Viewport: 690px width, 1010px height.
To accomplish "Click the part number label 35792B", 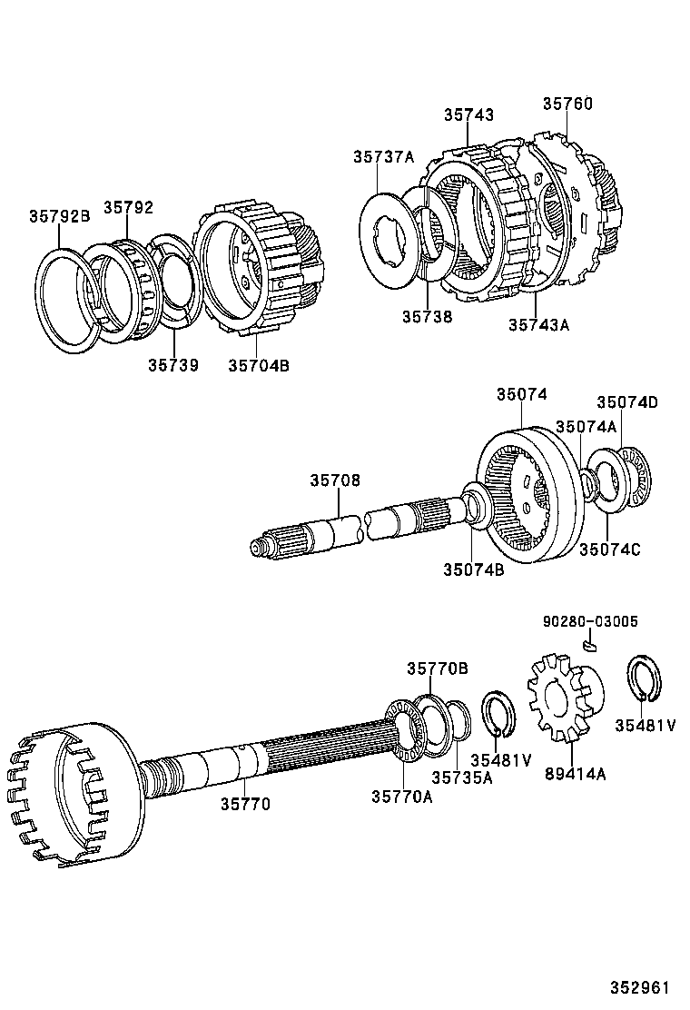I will (x=59, y=216).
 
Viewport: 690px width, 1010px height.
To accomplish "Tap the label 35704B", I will (x=258, y=364).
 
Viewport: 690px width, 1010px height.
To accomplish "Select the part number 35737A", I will (x=383, y=157).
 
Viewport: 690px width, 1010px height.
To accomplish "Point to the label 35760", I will (x=567, y=104).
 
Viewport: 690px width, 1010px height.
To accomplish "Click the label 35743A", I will (x=538, y=324).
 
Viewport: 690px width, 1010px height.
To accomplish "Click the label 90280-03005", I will (x=590, y=622).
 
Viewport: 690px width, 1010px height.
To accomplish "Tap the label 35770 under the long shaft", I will (x=245, y=804).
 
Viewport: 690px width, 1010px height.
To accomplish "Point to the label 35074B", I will (x=473, y=569).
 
